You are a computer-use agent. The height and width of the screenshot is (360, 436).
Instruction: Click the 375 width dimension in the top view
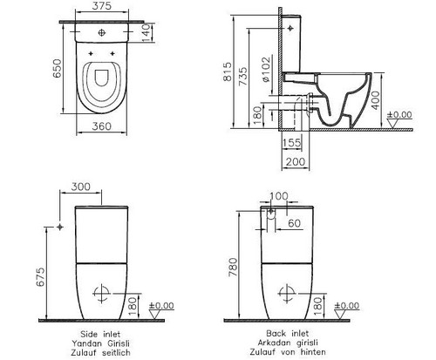pos(102,6)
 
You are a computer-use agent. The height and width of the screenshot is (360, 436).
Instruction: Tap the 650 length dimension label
pos(58,69)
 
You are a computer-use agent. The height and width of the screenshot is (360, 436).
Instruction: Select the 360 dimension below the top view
pos(102,126)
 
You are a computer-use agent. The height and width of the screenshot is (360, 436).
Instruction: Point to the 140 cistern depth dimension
pos(146,33)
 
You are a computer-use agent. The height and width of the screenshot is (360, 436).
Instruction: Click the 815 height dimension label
pos(228,71)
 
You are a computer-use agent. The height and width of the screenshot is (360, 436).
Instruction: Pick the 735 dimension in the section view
pos(243,77)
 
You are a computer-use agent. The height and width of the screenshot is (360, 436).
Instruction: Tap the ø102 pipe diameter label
pos(266,70)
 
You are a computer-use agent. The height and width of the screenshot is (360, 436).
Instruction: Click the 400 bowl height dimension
pos(376,100)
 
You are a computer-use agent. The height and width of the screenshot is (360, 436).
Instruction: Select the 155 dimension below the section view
pos(291,143)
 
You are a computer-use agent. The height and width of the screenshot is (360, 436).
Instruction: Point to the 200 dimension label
pos(296,161)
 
